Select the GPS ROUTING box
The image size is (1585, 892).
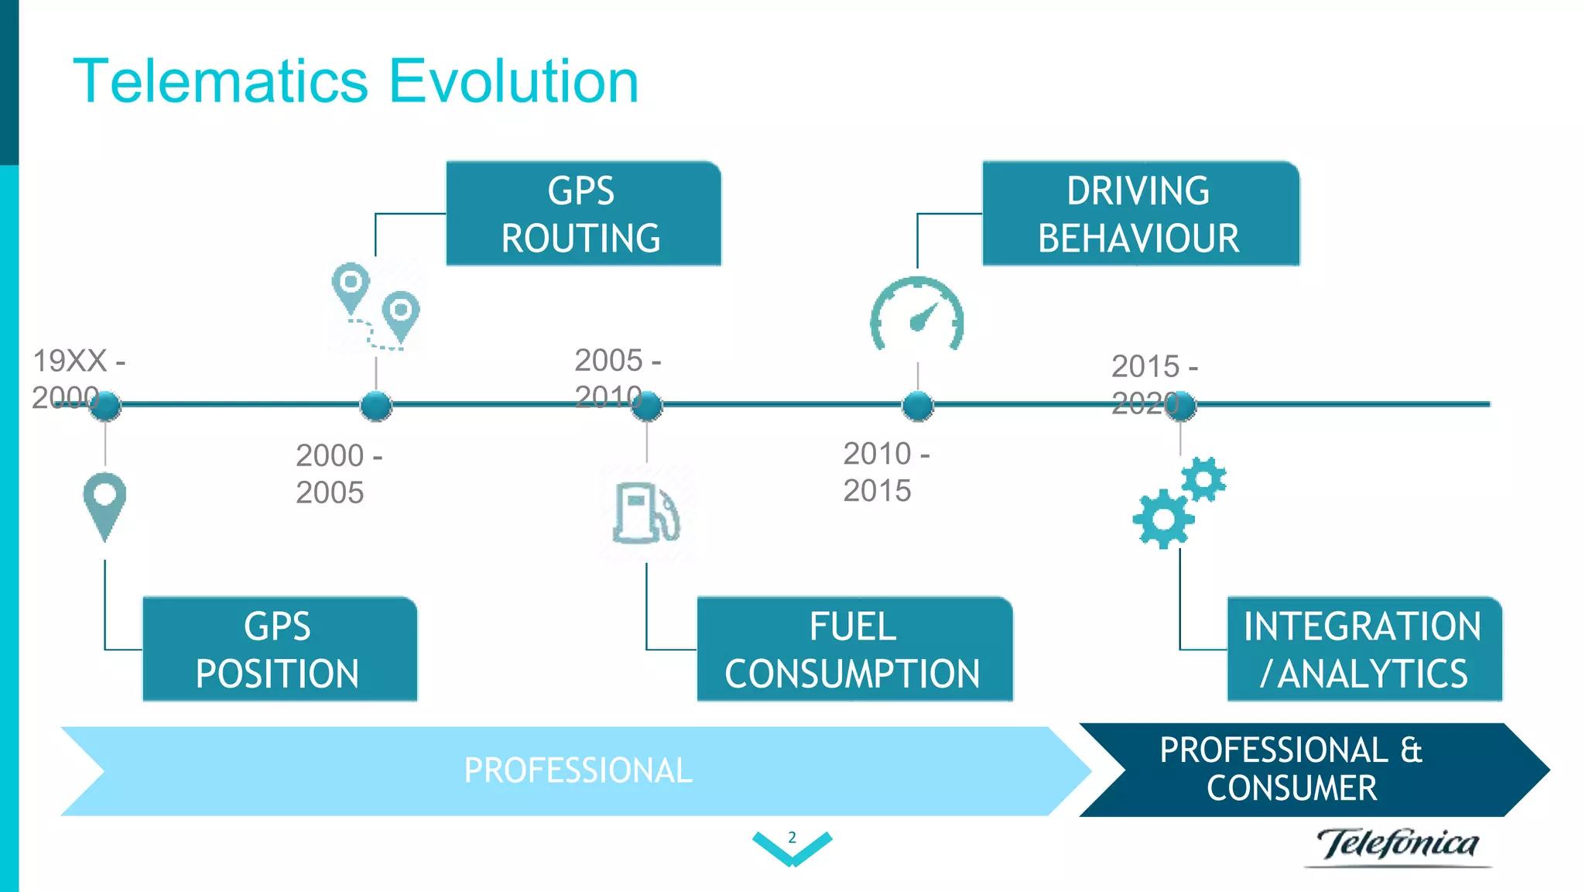coord(583,214)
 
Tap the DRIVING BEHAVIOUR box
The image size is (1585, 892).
coord(1140,214)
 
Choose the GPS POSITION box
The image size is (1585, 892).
coord(279,649)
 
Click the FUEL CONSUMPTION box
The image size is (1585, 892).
coord(854,649)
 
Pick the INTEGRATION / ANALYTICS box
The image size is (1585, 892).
coord(1364,649)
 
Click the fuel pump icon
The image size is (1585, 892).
coord(646,513)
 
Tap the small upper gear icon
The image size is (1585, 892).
coord(1204,479)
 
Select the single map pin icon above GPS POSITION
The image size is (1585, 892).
coord(104,504)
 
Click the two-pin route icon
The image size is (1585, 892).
coord(376,306)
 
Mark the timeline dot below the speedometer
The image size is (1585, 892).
coord(918,405)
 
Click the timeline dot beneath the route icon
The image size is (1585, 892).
coord(376,405)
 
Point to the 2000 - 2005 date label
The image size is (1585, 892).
coord(338,473)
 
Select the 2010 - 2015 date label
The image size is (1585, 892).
coord(885,472)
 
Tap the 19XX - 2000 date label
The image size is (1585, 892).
coord(77,379)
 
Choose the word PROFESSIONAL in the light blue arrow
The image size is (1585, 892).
coord(578,770)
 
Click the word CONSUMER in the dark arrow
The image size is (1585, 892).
coord(1292,788)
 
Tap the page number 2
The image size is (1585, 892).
coord(792,837)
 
